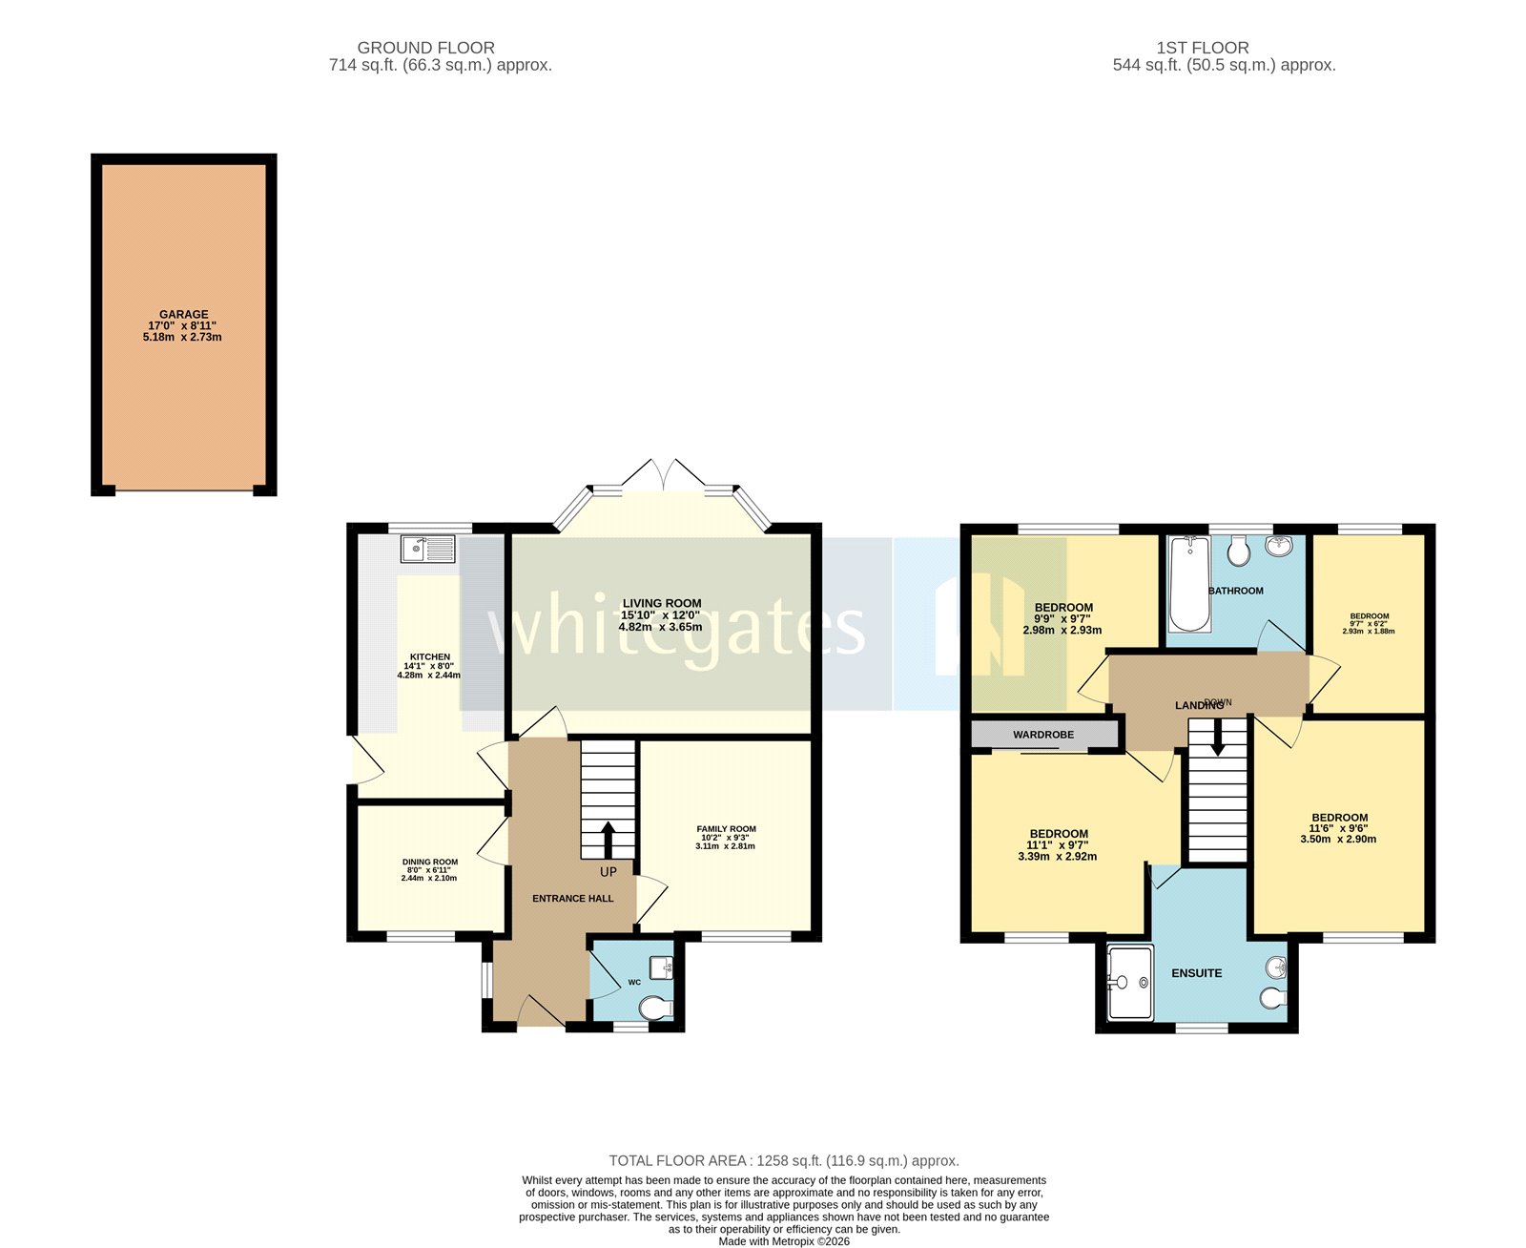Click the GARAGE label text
tap(183, 315)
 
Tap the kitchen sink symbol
tap(428, 550)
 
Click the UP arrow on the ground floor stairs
tap(608, 840)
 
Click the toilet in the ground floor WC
tap(655, 1008)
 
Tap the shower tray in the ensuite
tap(1130, 982)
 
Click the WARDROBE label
tap(1043, 735)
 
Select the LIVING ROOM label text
tap(661, 603)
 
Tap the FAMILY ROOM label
tap(726, 829)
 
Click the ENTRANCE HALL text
tap(572, 899)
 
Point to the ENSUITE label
tap(1196, 973)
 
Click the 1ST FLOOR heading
tap(1202, 48)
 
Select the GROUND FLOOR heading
tap(425, 48)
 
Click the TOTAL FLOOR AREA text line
tap(784, 1161)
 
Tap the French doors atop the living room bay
tap(663, 475)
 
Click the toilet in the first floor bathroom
tap(1239, 550)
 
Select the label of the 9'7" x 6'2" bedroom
tap(1369, 616)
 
